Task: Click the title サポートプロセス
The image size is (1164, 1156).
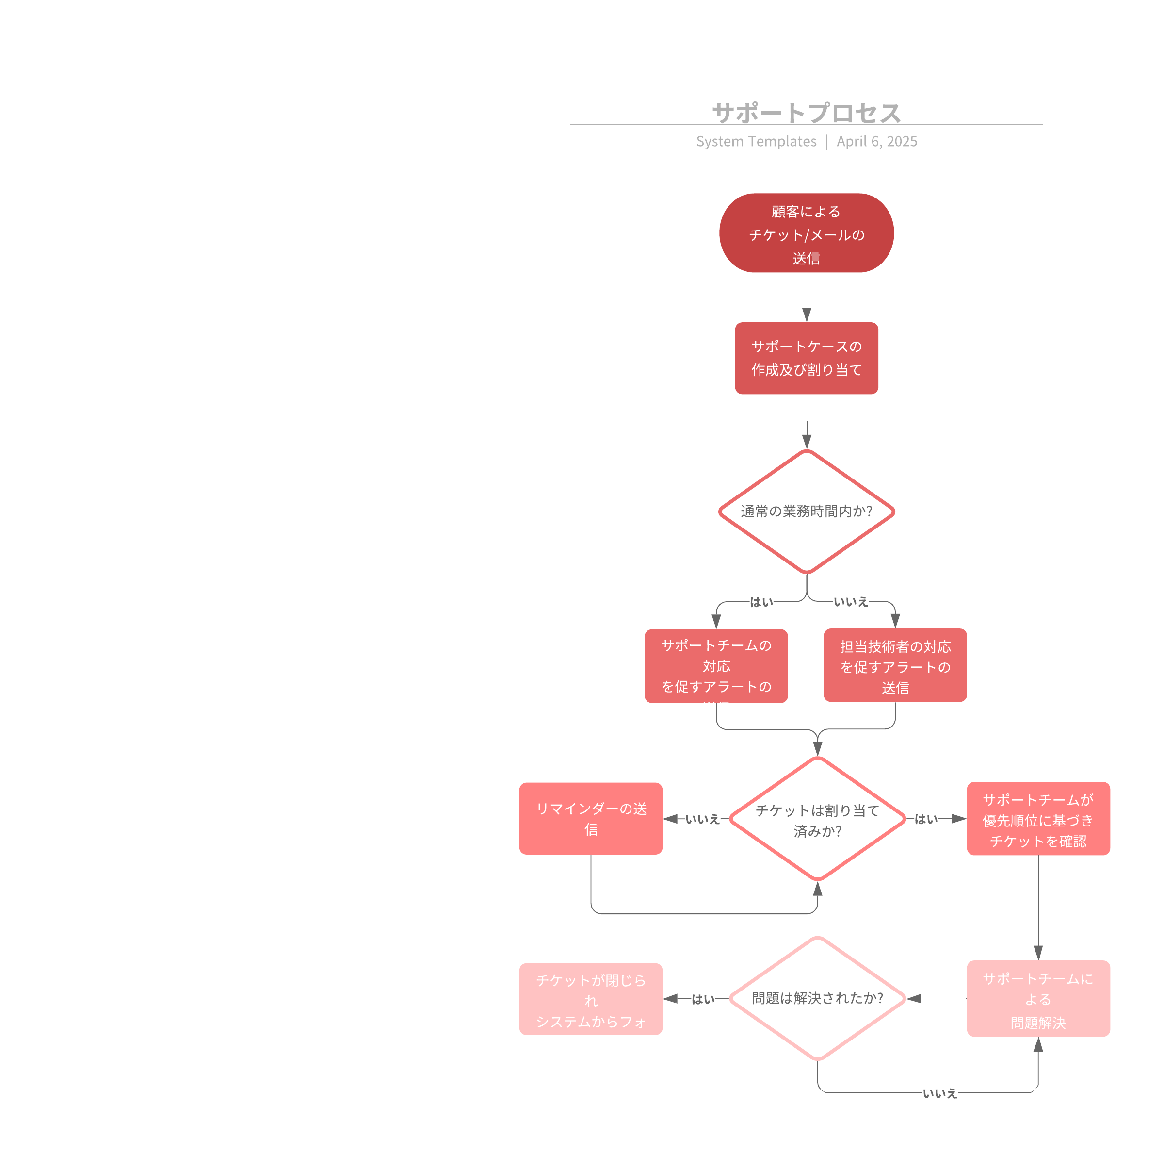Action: click(806, 113)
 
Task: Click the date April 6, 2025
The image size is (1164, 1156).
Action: click(876, 142)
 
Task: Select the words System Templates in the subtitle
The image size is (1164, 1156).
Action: click(756, 142)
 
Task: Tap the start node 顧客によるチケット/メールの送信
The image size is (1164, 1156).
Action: click(806, 233)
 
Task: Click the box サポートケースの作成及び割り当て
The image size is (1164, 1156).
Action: click(806, 358)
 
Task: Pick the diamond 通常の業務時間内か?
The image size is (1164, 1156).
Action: click(806, 511)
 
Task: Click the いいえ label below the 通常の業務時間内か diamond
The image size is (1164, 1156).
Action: click(851, 601)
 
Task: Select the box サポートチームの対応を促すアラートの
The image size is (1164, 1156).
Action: click(716, 665)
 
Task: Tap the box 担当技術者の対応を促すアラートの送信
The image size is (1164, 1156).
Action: click(895, 665)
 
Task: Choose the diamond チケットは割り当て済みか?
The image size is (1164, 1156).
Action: click(817, 819)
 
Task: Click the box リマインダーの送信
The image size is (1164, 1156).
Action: click(590, 819)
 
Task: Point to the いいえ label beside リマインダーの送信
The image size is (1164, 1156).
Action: click(702, 819)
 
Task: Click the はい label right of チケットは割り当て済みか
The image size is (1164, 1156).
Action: click(926, 819)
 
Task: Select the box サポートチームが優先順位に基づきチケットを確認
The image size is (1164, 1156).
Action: click(1038, 819)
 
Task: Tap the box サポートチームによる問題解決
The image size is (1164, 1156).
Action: click(1038, 999)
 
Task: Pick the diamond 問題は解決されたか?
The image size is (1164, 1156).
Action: click(817, 999)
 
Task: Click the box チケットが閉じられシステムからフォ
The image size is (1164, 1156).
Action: click(590, 999)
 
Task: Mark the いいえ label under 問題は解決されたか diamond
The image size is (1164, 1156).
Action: click(939, 1093)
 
